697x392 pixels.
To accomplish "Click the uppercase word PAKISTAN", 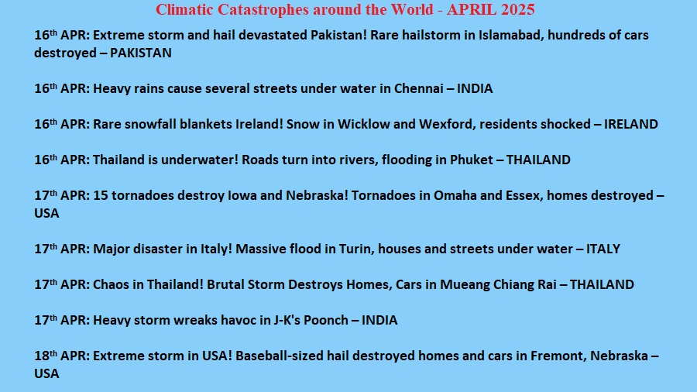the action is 140,53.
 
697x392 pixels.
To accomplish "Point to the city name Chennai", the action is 419,88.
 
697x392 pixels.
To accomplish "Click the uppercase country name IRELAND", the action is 630,124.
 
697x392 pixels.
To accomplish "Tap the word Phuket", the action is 471,160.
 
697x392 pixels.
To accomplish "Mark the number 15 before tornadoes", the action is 101,195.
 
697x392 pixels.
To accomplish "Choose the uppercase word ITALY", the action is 603,249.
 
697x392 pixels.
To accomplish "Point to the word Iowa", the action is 242,195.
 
